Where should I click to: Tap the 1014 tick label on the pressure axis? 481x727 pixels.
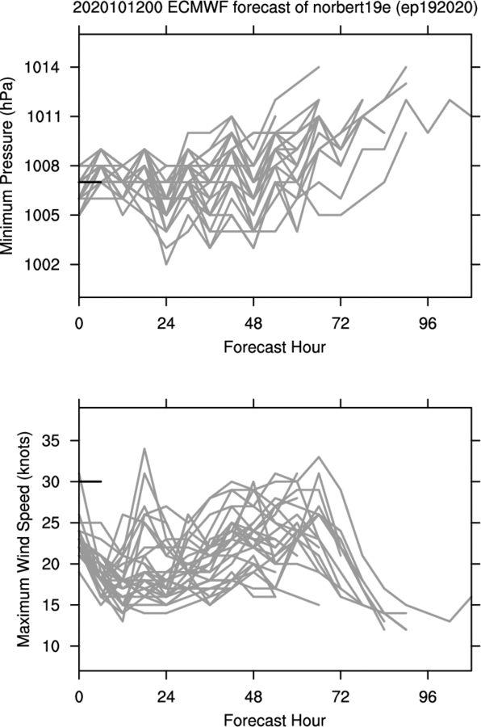point(42,68)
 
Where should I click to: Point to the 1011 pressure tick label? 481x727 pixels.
point(42,117)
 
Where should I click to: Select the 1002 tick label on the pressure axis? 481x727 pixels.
point(42,265)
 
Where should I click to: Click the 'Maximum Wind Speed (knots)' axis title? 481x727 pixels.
point(23,540)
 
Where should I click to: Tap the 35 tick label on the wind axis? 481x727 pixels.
point(52,440)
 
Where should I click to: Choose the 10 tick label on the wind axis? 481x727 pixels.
point(52,646)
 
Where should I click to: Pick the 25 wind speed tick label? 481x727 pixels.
point(52,523)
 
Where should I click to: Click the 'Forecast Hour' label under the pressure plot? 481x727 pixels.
point(274,347)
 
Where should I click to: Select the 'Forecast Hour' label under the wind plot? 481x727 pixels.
point(274,720)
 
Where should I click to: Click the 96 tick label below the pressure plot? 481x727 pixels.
point(427,323)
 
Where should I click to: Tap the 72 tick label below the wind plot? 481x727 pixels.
point(341,697)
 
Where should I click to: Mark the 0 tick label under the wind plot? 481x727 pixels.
point(79,697)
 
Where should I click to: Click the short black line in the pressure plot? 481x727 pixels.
point(90,183)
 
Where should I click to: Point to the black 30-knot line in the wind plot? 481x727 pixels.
point(90,481)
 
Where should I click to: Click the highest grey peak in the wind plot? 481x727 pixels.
point(145,449)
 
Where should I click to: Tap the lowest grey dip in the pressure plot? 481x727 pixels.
point(166,264)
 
